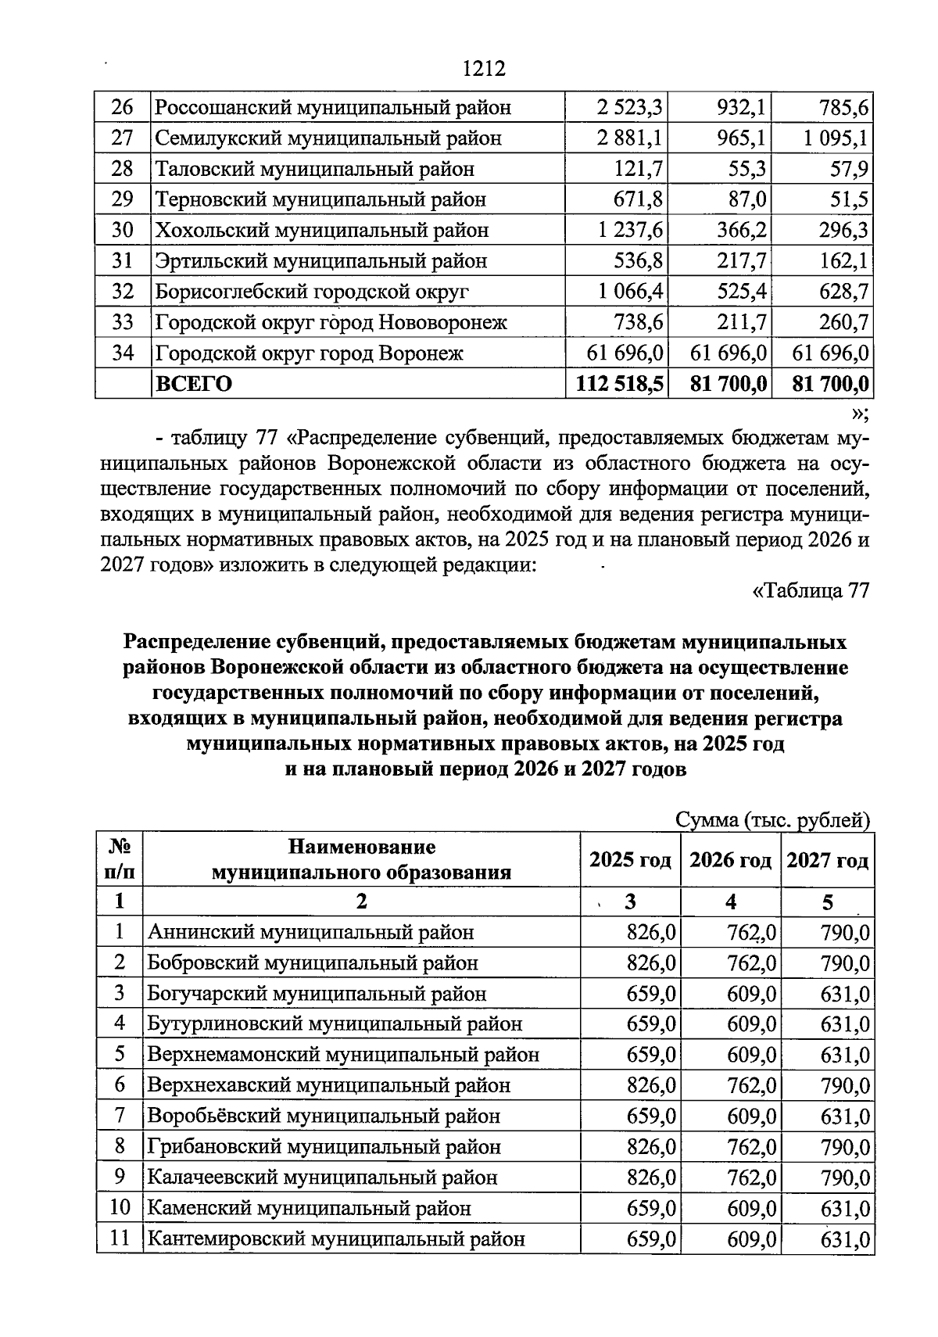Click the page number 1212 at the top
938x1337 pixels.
pyautogui.click(x=484, y=69)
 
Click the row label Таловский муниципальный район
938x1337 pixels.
pyautogui.click(x=314, y=169)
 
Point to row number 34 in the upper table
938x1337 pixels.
pyautogui.click(x=123, y=353)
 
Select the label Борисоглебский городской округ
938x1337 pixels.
pyautogui.click(x=312, y=292)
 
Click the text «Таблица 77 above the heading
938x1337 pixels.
pyautogui.click(x=810, y=590)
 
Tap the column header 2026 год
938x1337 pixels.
pyautogui.click(x=730, y=860)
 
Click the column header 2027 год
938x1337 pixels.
pyautogui.click(x=827, y=860)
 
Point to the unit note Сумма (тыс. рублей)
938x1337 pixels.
pyautogui.click(x=772, y=819)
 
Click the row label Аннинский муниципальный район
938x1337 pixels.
pyautogui.click(x=311, y=932)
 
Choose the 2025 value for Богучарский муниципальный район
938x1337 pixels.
pyautogui.click(x=651, y=994)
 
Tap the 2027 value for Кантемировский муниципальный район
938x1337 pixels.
pyautogui.click(x=845, y=1238)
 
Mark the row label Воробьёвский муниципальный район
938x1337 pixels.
pyautogui.click(x=324, y=1116)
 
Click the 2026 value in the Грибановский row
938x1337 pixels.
pyautogui.click(x=751, y=1146)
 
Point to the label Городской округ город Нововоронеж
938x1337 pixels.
pyautogui.click(x=331, y=322)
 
